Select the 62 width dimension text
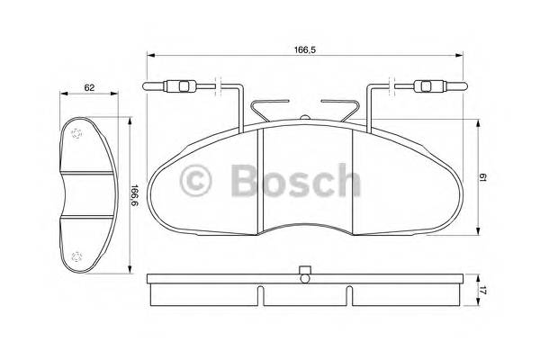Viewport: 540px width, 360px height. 89,88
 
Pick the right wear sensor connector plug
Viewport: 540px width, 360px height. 428,87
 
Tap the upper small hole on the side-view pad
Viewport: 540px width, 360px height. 76,132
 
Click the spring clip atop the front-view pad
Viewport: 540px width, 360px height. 305,112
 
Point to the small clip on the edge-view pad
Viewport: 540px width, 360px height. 304,270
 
